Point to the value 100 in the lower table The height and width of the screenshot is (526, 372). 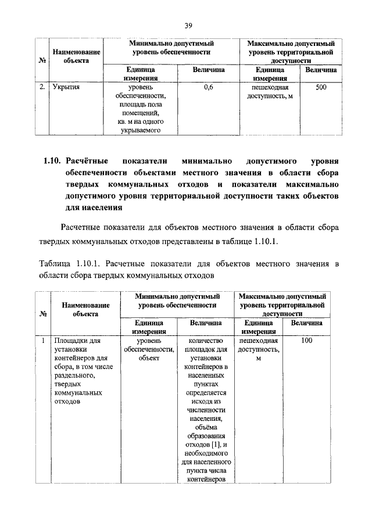click(307, 341)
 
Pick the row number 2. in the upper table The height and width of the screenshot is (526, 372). click(41, 88)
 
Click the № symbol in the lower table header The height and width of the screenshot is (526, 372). click(42, 314)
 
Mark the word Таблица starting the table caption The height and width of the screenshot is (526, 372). click(55, 264)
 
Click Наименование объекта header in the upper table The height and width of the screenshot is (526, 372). click(77, 56)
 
